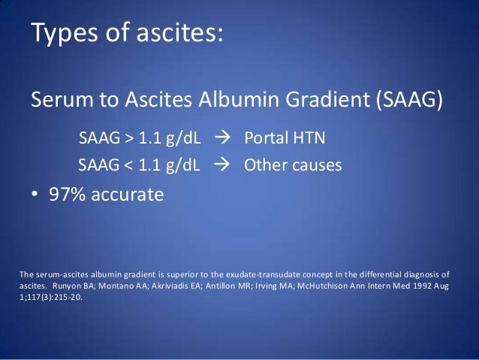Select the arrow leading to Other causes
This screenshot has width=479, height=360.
(223, 163)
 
